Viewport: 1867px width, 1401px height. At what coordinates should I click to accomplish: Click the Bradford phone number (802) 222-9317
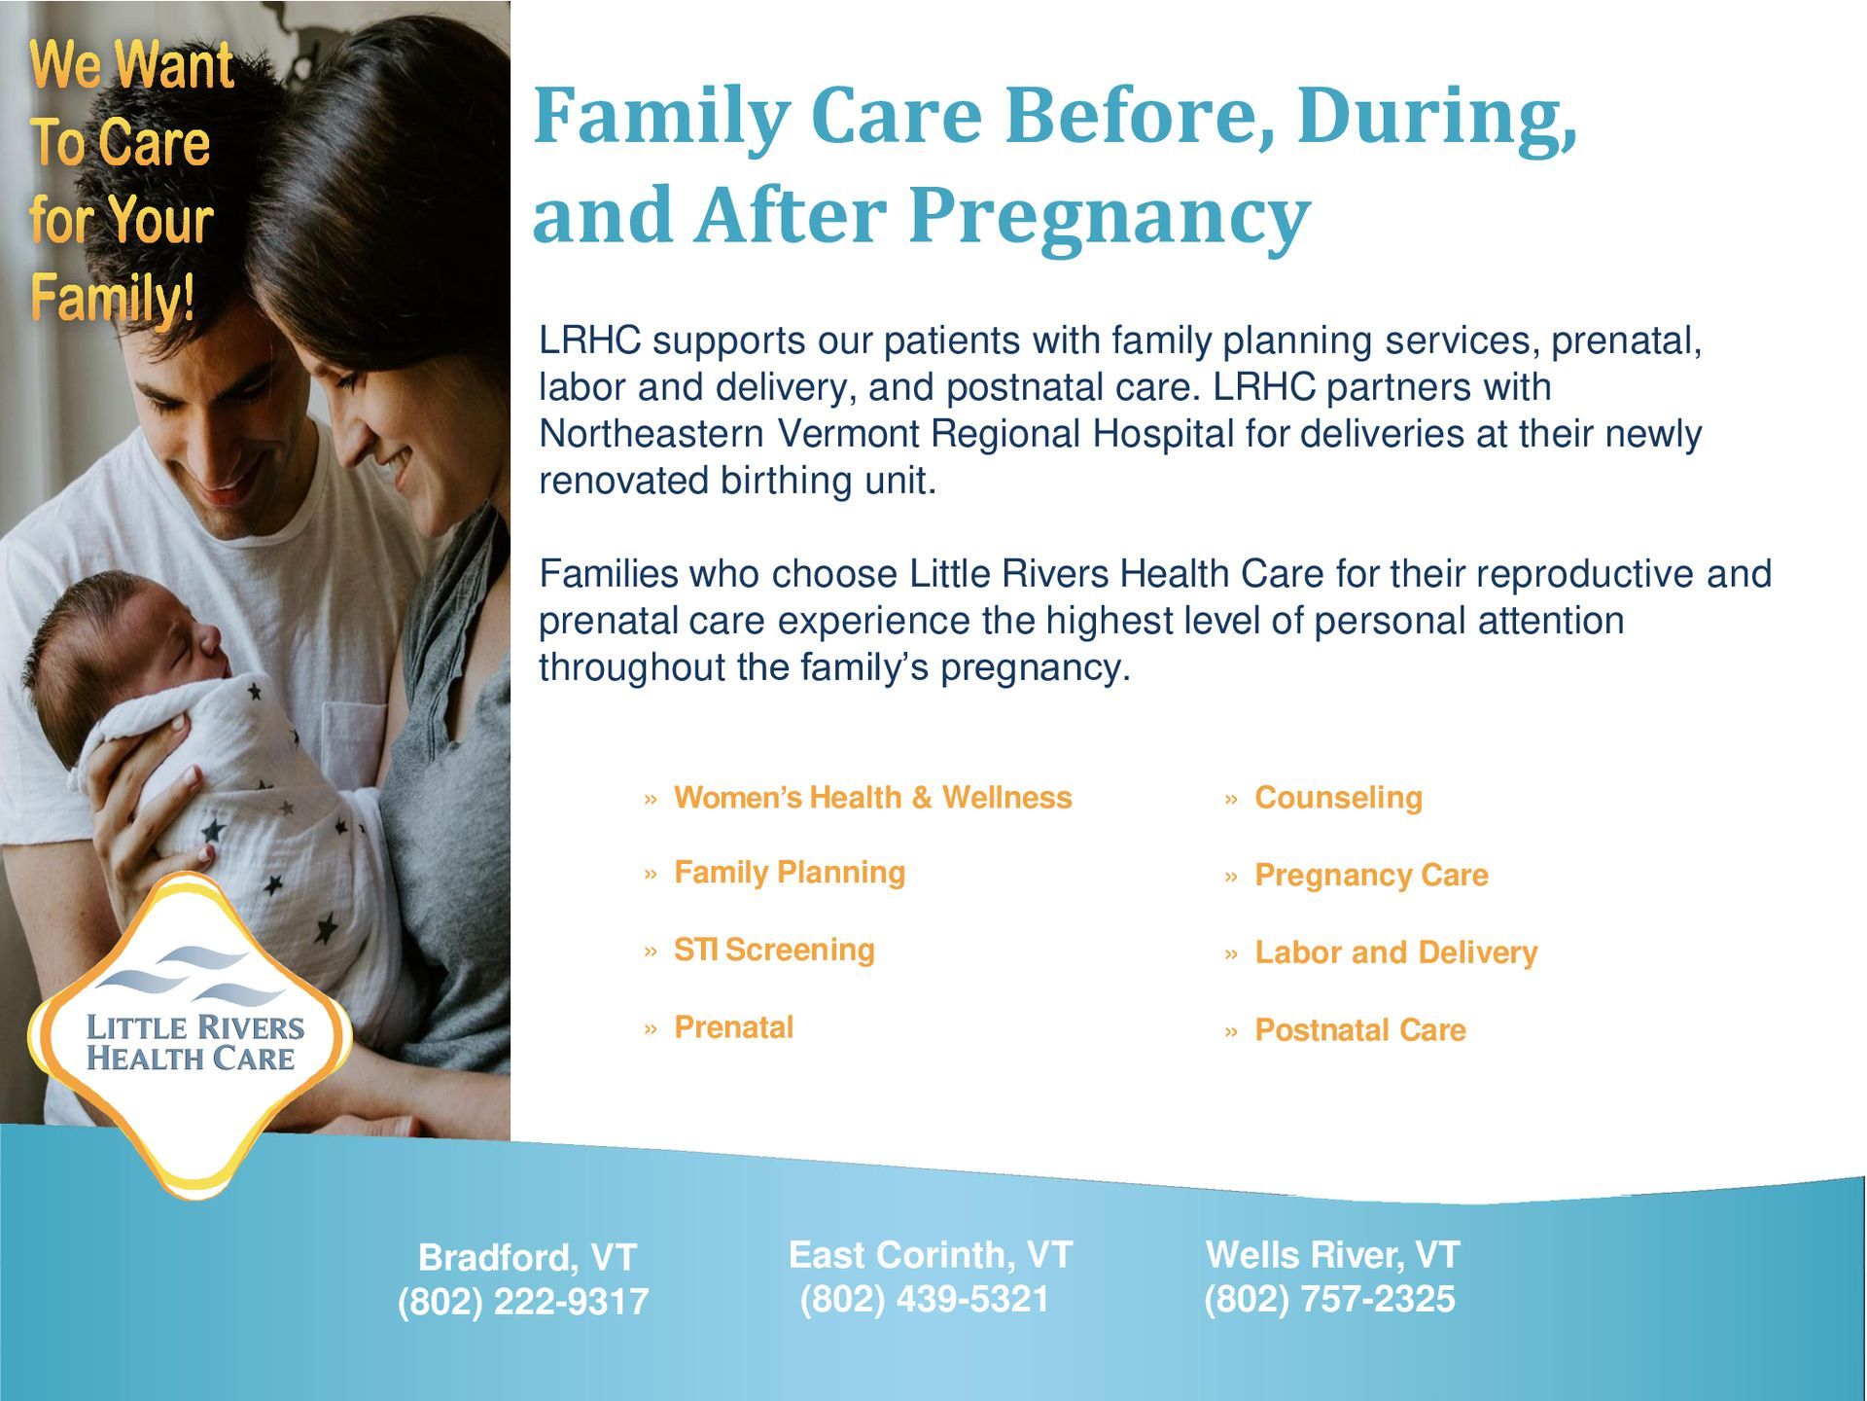523,1302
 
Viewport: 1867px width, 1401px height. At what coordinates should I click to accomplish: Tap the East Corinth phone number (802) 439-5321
925,1299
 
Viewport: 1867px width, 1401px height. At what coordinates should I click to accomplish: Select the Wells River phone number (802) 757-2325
1329,1299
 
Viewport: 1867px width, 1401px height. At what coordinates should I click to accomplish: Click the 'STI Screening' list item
774,950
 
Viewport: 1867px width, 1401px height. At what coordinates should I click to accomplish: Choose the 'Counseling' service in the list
1338,798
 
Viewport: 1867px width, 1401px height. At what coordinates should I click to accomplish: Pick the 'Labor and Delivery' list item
1396,952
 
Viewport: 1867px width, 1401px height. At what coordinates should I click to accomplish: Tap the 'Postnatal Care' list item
1360,1029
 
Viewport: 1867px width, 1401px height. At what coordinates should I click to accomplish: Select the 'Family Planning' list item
790,873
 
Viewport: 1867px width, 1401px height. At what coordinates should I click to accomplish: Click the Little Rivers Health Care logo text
194,1043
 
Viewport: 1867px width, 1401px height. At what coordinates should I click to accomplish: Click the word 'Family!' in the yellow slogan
113,298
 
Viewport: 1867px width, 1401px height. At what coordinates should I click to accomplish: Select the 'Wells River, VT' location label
1332,1255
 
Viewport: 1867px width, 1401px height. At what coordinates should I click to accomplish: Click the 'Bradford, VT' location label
527,1258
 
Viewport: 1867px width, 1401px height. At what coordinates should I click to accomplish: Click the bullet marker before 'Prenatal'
651,1029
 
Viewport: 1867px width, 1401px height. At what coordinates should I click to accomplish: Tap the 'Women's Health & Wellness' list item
872,798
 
